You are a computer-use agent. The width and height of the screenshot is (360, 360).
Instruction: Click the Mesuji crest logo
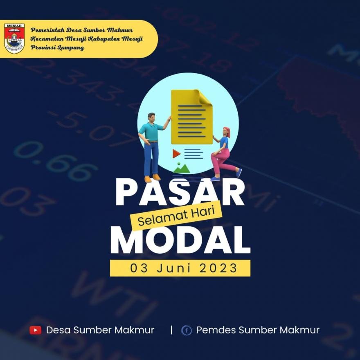[14, 38]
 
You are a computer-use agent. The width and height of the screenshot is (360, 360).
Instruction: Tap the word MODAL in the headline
[180, 241]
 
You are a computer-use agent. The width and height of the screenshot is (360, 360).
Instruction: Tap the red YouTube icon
[36, 330]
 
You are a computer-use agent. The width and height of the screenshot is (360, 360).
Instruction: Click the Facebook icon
[187, 330]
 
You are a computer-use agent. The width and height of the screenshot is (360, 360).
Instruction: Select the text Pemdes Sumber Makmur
[258, 330]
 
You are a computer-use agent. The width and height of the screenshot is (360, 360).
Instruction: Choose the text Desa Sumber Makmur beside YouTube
[100, 330]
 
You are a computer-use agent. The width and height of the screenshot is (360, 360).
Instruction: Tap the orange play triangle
[176, 153]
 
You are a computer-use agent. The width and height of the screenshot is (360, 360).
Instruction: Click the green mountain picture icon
[181, 168]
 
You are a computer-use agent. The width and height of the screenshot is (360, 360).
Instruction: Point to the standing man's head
[151, 117]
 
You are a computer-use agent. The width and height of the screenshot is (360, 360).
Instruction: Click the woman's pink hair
[227, 131]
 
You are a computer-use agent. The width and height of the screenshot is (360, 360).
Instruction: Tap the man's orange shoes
[152, 178]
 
